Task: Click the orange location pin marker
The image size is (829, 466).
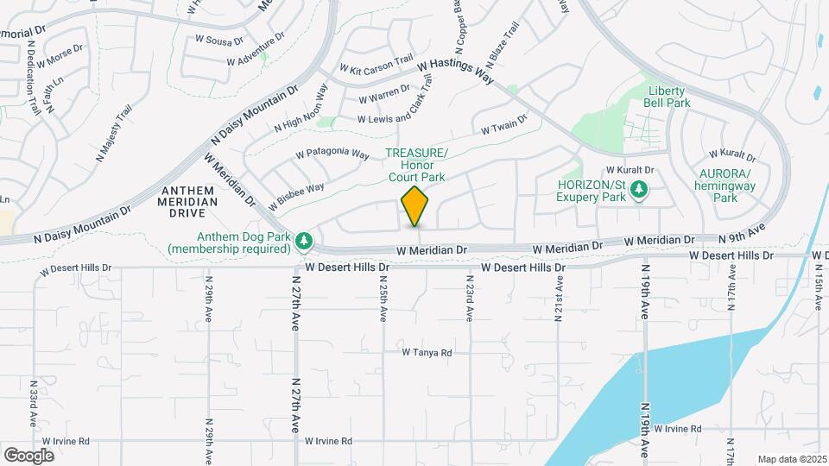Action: [x=414, y=206]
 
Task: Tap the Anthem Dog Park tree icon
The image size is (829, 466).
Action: [x=303, y=241]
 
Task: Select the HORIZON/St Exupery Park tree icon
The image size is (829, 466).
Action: [x=638, y=189]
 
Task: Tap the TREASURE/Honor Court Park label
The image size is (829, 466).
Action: [x=415, y=165]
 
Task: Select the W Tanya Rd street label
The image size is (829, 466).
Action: [x=427, y=352]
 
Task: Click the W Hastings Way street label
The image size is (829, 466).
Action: [x=454, y=70]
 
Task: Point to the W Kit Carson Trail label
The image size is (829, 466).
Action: [x=377, y=65]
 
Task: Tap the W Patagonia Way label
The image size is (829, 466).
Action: [x=332, y=154]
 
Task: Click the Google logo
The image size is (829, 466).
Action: [x=29, y=455]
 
